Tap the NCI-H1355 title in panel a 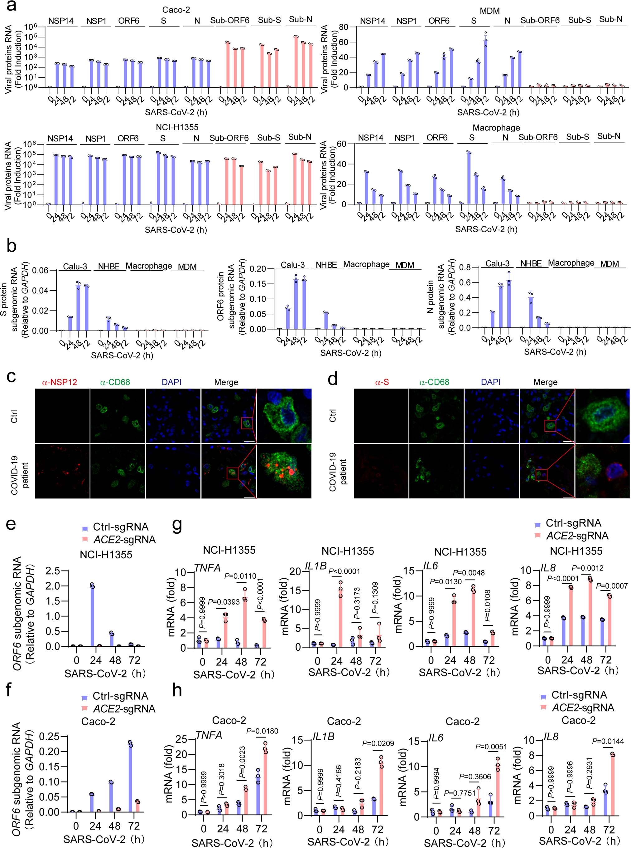click(177, 127)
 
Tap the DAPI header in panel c click(171, 382)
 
